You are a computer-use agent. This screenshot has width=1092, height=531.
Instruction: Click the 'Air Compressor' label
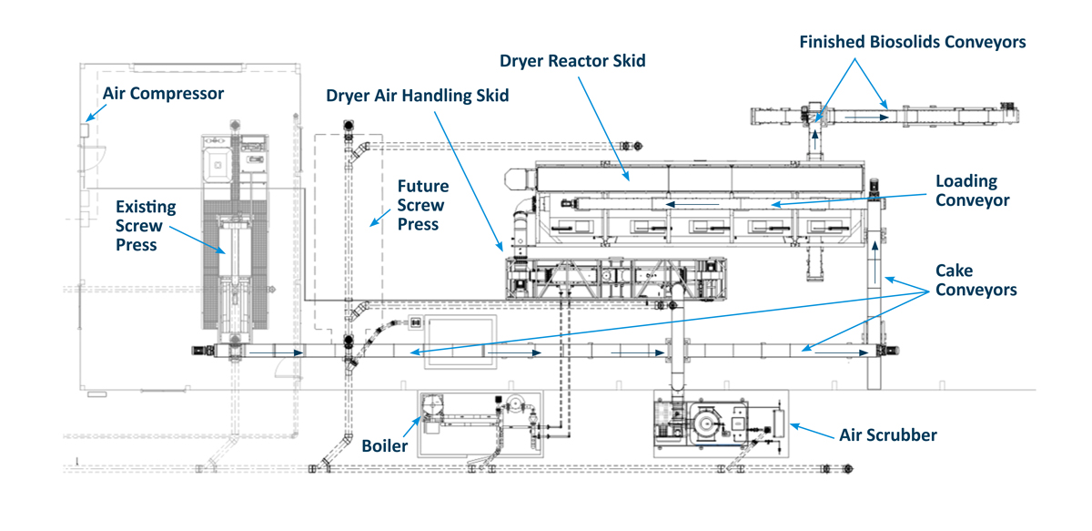coord(163,93)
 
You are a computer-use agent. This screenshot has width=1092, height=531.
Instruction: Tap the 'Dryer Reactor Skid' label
coord(572,62)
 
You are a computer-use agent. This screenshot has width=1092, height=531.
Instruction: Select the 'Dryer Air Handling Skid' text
coord(419,95)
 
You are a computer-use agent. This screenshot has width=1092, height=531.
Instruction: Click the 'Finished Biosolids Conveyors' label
coord(913,42)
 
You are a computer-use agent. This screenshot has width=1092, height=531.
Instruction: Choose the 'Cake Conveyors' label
coord(976,281)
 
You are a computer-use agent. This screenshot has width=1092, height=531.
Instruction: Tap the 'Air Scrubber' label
coord(887,435)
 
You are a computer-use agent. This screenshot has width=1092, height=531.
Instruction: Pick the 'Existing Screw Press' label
coord(146,225)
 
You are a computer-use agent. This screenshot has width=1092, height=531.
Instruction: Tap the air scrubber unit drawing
coord(714,424)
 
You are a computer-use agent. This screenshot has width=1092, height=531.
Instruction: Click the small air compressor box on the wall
coord(83,130)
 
